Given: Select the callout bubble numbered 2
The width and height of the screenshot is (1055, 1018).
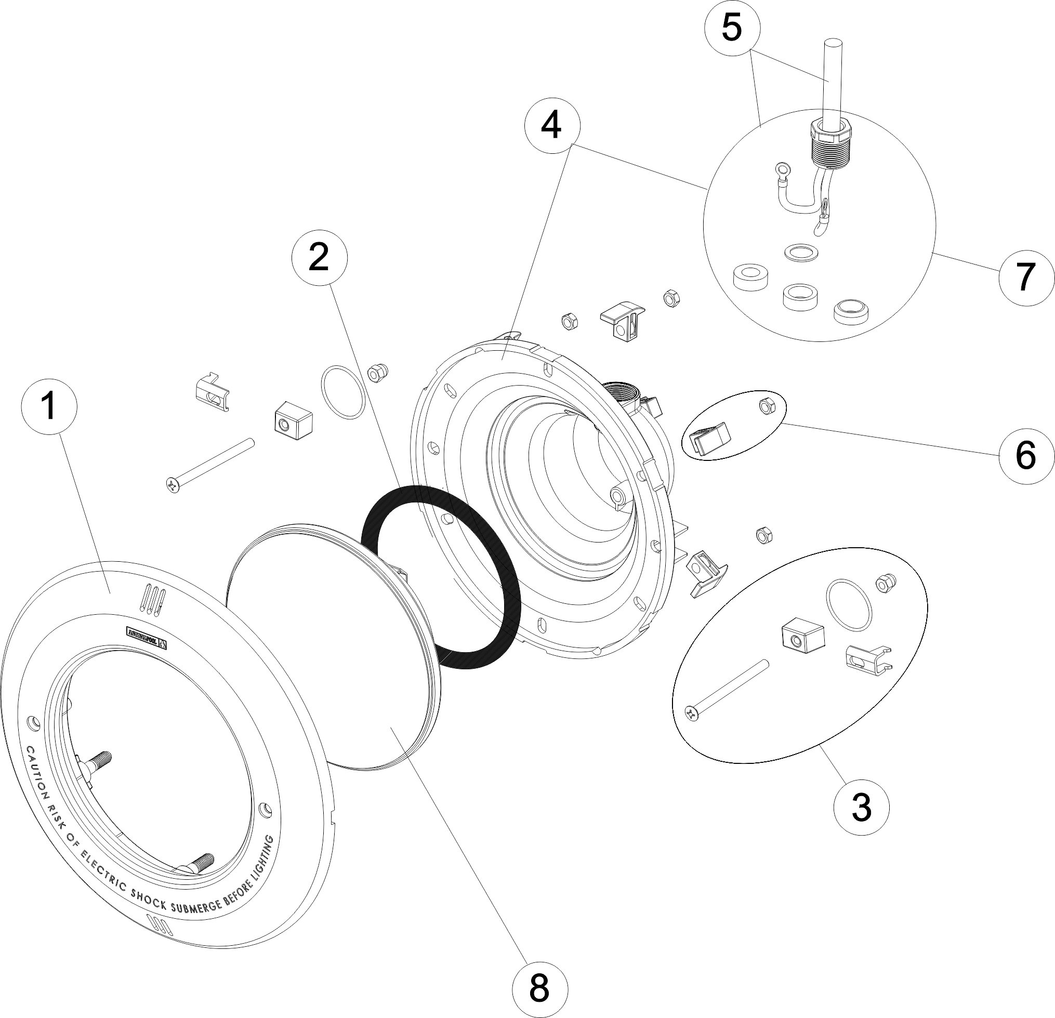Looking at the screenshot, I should click(319, 258).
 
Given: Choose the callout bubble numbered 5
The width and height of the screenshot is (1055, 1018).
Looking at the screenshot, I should click(732, 28).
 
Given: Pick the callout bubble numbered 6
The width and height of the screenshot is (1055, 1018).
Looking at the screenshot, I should click(1025, 455).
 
